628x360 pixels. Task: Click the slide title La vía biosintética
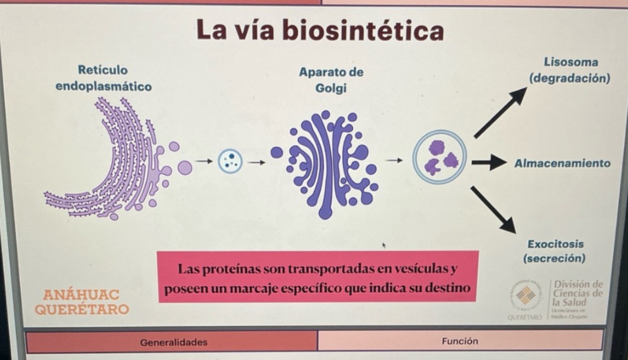(x=320, y=31)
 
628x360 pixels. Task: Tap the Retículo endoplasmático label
(x=104, y=79)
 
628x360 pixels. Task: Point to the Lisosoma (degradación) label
(x=570, y=70)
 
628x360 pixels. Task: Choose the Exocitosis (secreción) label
(x=555, y=251)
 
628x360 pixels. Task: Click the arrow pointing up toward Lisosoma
(x=500, y=112)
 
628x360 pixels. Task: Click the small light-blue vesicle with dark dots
(x=230, y=161)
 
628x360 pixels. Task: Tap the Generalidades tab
(x=174, y=342)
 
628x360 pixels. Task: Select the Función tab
(x=460, y=341)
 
